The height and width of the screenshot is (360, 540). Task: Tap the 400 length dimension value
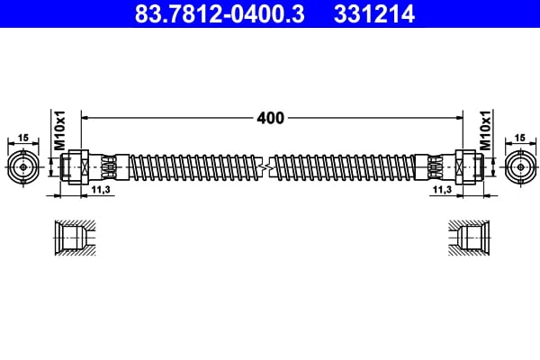pyautogui.click(x=270, y=118)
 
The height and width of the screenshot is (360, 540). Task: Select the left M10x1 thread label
pyautogui.click(x=60, y=130)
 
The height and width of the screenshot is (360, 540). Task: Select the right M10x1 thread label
pyautogui.click(x=485, y=130)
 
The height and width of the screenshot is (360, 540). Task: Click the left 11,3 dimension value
pyautogui.click(x=101, y=191)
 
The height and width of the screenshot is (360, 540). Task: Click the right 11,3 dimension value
pyautogui.click(x=441, y=191)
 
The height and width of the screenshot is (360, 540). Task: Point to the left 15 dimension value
pyautogui.click(x=22, y=137)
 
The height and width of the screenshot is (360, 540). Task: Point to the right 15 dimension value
pyautogui.click(x=518, y=137)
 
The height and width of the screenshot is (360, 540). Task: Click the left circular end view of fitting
pyautogui.click(x=22, y=166)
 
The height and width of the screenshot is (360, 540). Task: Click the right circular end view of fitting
pyautogui.click(x=518, y=166)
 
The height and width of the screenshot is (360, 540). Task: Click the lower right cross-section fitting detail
pyautogui.click(x=470, y=239)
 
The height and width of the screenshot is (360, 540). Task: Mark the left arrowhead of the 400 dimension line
pyautogui.click(x=85, y=117)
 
